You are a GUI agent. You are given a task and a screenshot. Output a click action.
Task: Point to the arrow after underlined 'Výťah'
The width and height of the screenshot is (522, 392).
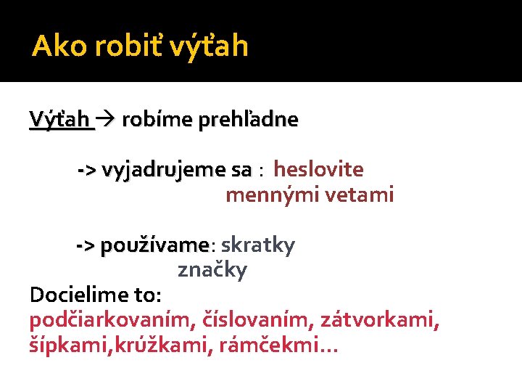pos(106,119)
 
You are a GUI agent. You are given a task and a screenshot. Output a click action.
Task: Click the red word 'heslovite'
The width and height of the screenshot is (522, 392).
pos(318,169)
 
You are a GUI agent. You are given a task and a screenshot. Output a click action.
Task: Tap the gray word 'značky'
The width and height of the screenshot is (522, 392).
pos(212,271)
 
